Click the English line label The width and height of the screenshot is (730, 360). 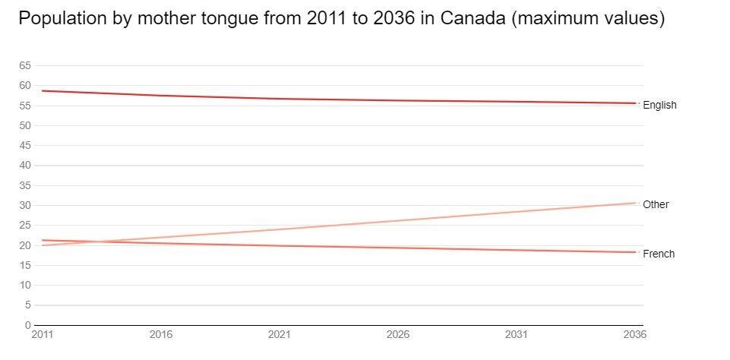[x=659, y=106]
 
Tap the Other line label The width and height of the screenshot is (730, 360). [x=656, y=204]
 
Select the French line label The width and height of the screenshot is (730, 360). [x=658, y=254]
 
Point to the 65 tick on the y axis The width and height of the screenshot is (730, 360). [x=25, y=65]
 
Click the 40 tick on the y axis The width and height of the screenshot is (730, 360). [x=25, y=165]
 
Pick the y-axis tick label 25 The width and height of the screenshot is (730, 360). [x=25, y=225]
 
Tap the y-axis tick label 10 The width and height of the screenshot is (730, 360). [x=25, y=285]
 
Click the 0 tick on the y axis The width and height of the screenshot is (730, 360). [x=27, y=325]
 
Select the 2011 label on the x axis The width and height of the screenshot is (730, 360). [x=42, y=334]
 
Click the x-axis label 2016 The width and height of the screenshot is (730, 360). [x=161, y=334]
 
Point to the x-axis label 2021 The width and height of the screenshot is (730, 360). [x=280, y=334]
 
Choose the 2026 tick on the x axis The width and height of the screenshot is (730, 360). [x=398, y=334]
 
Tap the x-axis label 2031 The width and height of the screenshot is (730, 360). [x=517, y=334]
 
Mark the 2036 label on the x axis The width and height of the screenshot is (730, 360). [x=634, y=334]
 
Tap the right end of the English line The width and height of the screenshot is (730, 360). [x=635, y=103]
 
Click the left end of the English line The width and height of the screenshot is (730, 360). [x=42, y=90]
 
